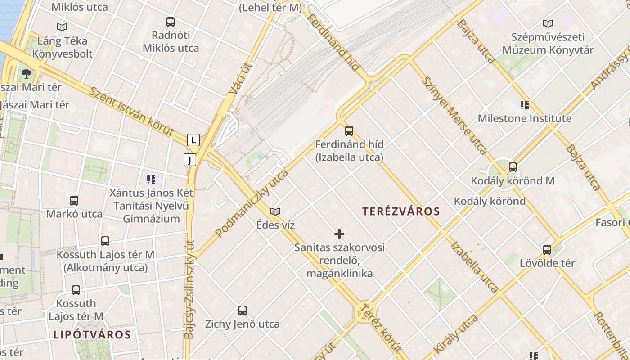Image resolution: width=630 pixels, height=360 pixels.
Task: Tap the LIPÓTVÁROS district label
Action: (92, 334)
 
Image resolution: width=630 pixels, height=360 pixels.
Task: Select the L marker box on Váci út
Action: (193, 140)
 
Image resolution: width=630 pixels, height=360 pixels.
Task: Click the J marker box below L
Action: (190, 160)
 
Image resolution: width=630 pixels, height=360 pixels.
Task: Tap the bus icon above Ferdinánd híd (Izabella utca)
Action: (349, 131)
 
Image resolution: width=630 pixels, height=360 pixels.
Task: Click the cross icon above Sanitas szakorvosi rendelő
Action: (339, 234)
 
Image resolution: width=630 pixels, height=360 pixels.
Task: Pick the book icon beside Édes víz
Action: (275, 211)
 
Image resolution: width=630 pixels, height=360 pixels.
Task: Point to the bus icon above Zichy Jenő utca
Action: (243, 310)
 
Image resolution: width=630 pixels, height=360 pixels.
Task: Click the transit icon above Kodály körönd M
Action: (513, 167)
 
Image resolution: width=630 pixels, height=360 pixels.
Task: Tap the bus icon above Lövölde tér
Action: (547, 249)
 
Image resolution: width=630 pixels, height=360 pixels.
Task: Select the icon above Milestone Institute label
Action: (524, 105)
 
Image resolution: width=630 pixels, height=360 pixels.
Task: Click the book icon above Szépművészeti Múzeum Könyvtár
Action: (548, 24)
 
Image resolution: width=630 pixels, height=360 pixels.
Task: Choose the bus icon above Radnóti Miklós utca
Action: (171, 22)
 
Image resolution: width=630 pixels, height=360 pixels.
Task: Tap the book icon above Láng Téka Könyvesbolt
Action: (62, 27)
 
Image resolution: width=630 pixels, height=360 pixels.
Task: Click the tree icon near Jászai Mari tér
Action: (27, 73)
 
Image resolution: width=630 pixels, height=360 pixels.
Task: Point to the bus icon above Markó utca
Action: (74, 200)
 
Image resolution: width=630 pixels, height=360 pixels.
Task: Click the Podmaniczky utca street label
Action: (252, 203)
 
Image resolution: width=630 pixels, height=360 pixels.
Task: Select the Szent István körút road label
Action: (131, 111)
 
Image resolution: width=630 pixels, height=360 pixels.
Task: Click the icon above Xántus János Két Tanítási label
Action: (151, 180)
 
